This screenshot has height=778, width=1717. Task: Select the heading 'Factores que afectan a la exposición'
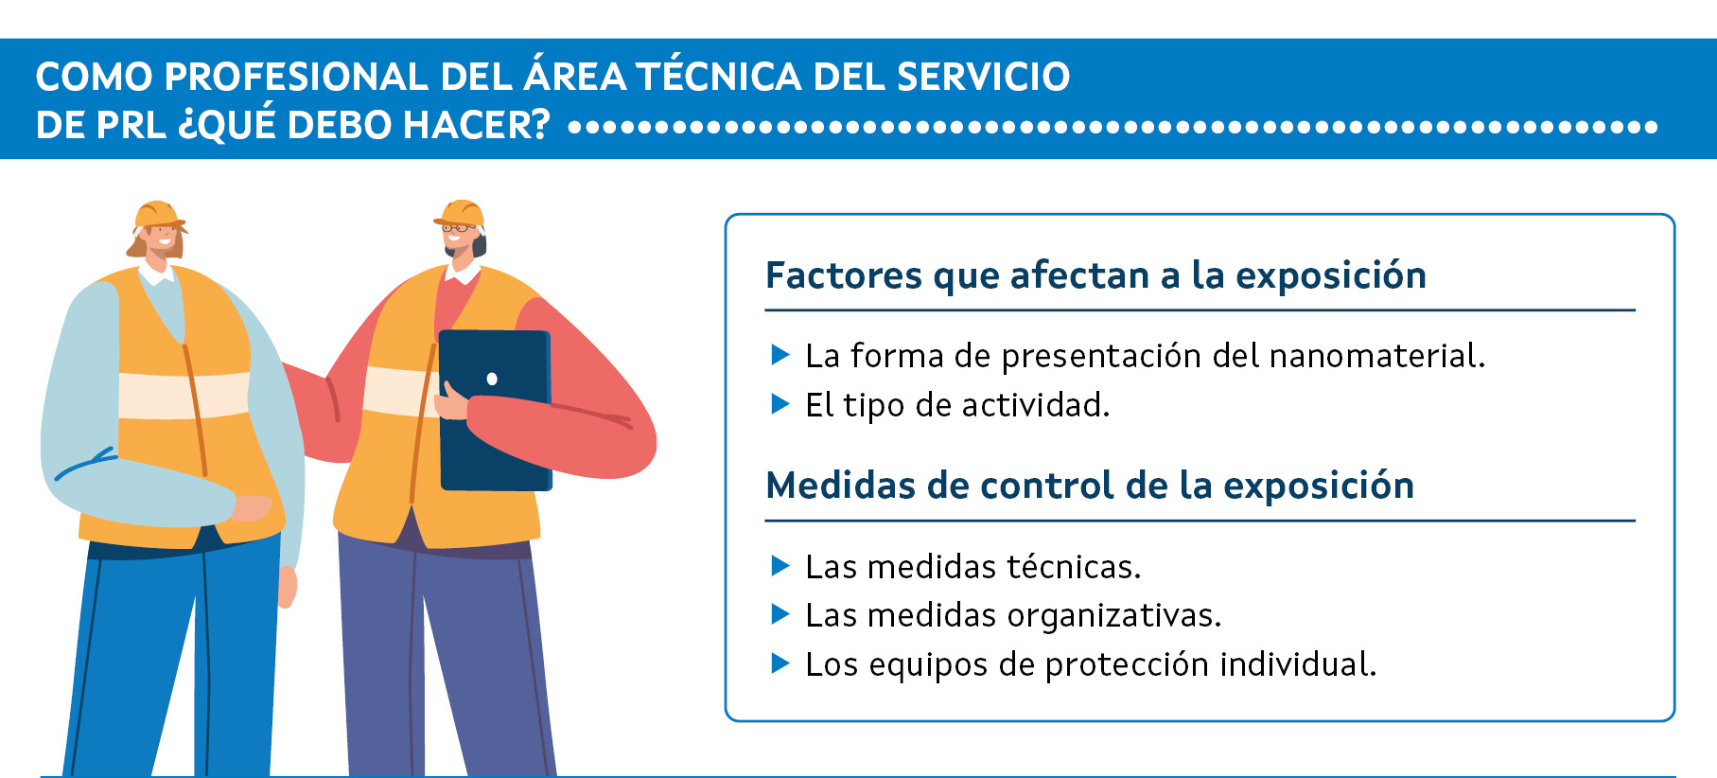pos(1095,275)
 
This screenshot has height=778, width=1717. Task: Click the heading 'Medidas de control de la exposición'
pos(1090,486)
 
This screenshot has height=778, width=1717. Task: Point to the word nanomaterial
pos(1377,356)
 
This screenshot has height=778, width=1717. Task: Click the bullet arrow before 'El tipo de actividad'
pos(780,404)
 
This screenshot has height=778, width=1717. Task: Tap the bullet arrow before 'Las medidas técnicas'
pos(780,566)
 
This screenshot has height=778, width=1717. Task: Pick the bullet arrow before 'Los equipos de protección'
pos(780,663)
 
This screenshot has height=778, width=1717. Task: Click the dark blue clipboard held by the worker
pos(495,410)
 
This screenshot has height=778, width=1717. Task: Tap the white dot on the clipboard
pos(492,380)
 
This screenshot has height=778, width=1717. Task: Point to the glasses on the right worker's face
pos(459,228)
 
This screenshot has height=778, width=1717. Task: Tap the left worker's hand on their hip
pos(252,508)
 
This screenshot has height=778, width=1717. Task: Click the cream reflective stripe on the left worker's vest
pos(184,396)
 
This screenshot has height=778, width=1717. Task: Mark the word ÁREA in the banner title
pos(574,76)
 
